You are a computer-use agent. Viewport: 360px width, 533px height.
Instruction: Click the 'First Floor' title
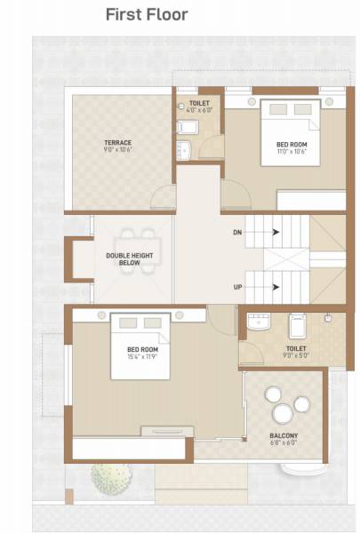click(147, 14)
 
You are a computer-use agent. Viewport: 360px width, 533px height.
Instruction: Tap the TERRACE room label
click(117, 142)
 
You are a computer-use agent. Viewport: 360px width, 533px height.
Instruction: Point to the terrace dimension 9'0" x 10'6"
click(117, 150)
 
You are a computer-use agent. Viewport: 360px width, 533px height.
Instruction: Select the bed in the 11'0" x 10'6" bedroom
click(290, 133)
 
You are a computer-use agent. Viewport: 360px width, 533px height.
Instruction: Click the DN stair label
click(236, 232)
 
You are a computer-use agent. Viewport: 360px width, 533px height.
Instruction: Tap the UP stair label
click(236, 287)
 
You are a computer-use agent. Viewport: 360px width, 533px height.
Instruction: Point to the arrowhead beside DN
click(277, 232)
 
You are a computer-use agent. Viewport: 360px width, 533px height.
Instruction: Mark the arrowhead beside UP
click(277, 287)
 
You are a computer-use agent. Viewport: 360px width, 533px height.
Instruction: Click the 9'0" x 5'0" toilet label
click(296, 353)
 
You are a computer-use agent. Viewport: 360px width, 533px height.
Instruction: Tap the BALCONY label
click(284, 435)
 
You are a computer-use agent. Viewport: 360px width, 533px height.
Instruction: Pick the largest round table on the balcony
click(284, 414)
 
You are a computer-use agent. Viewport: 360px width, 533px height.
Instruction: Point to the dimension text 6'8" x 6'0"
click(284, 444)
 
